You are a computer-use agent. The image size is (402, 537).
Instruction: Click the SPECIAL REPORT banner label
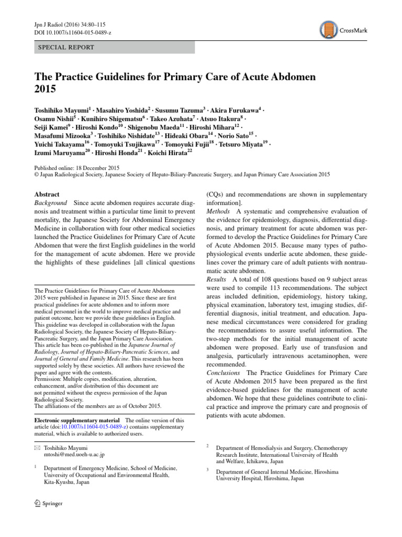click(66, 47)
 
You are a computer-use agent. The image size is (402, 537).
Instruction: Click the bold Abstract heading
click(47, 194)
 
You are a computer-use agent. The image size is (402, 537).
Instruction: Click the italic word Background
click(50, 203)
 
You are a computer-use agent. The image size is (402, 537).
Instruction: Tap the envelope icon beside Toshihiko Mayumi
click(37, 447)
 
